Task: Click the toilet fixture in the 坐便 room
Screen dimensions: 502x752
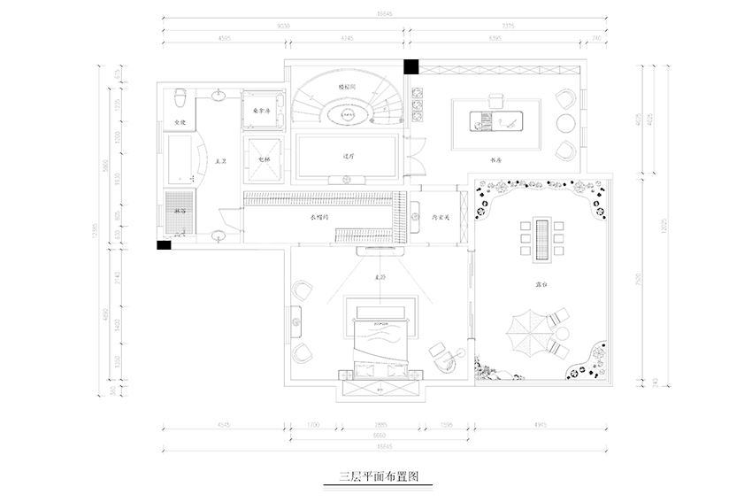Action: tap(180, 95)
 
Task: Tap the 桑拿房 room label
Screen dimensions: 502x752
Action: tap(260, 112)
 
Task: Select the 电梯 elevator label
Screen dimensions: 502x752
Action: tap(264, 159)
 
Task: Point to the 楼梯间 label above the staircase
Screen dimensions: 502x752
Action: tap(347, 88)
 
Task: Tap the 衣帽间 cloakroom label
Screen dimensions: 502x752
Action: tap(319, 216)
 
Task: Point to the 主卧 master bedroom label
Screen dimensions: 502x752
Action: tap(381, 277)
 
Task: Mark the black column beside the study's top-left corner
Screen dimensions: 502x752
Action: tap(411, 66)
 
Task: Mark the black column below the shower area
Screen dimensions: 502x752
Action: tap(165, 245)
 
